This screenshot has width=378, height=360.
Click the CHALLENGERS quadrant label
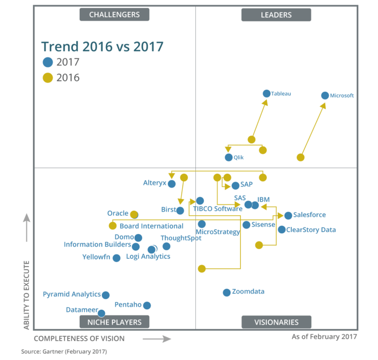tap(114, 15)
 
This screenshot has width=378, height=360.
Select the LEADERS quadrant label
tap(276, 15)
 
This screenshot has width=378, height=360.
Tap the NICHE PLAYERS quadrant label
tap(114, 322)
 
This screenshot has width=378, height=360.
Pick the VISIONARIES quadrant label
tap(276, 322)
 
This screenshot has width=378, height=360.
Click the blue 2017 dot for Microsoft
tap(325, 96)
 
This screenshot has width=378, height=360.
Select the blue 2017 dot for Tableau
tap(266, 93)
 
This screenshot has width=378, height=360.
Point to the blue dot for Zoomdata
tap(226, 293)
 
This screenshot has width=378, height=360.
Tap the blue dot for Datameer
tap(101, 313)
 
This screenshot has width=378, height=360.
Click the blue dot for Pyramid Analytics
tap(105, 295)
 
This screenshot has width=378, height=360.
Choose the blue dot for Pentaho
tap(147, 305)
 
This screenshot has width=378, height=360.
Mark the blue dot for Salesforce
tap(288, 216)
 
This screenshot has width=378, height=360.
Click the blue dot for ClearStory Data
tap(282, 229)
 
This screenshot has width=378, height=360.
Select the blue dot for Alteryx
tap(171, 184)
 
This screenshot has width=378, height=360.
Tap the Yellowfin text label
tap(96, 257)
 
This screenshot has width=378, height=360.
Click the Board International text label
tap(152, 227)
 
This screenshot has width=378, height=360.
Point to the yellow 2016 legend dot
tap(48, 78)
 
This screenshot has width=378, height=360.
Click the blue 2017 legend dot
tap(48, 63)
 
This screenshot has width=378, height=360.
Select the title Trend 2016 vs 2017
tap(102, 47)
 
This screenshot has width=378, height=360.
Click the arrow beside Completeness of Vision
tap(157, 339)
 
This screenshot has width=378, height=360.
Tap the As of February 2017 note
tap(324, 337)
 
